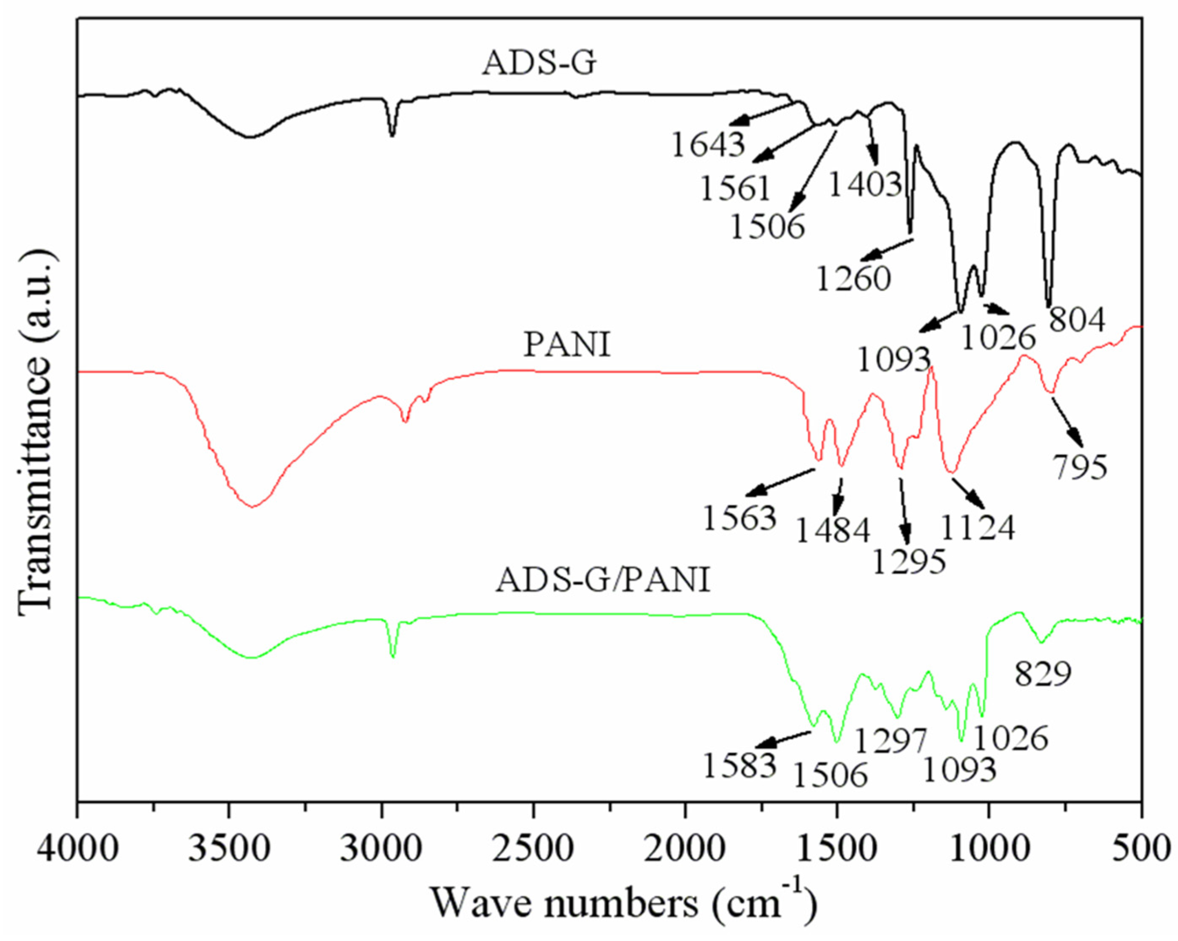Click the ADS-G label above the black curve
[x=539, y=64]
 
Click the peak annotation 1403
[x=865, y=185]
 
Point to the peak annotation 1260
[x=854, y=278]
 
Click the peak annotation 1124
[x=978, y=528]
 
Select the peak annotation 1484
[x=833, y=530]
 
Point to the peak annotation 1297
[x=890, y=741]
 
